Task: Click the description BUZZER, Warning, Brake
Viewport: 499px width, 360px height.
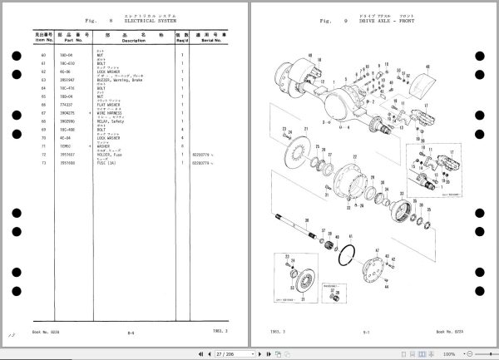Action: click(128, 81)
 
